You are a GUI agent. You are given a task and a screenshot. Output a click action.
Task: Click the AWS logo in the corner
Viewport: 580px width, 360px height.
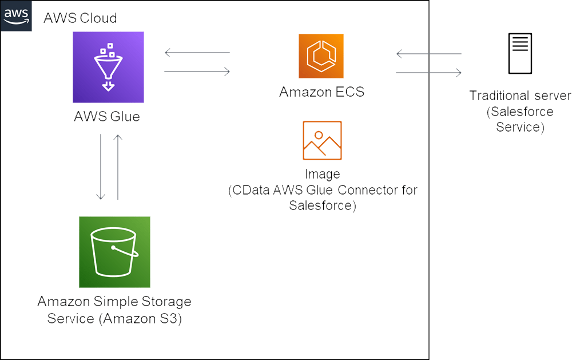point(16,16)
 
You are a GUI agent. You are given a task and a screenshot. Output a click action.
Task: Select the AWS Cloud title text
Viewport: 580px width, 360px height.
point(80,18)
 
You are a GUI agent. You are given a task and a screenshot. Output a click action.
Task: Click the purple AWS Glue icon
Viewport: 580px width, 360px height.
point(108,67)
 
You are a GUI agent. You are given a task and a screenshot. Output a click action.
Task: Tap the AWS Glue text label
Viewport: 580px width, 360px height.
point(107,117)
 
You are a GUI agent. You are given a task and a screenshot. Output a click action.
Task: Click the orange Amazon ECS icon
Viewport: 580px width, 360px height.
point(321,56)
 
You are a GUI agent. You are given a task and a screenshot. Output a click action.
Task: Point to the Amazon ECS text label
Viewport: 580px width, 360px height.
point(321,92)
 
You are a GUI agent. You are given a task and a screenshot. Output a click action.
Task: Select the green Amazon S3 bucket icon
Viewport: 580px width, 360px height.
point(114,252)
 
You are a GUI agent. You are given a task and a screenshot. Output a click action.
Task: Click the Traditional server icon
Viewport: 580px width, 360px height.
point(520,54)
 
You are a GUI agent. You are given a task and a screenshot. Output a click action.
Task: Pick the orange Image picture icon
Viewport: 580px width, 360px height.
point(322,140)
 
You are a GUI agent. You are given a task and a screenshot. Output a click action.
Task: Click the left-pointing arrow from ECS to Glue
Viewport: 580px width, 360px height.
point(197,53)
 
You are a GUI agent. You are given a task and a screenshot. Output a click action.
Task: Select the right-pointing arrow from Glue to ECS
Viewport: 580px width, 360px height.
point(197,72)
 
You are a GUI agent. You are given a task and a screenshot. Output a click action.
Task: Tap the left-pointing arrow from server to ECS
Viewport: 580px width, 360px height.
point(428,54)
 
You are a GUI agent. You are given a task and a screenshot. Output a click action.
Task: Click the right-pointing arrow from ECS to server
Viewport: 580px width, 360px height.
point(428,73)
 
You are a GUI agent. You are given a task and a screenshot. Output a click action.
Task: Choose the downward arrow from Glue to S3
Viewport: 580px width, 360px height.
point(101,167)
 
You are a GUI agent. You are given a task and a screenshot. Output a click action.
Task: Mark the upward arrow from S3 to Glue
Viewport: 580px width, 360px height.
point(118,167)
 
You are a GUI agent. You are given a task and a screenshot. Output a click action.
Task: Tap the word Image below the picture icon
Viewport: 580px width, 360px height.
point(323,174)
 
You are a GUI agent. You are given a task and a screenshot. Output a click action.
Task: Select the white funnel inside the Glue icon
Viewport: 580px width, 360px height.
point(108,68)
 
